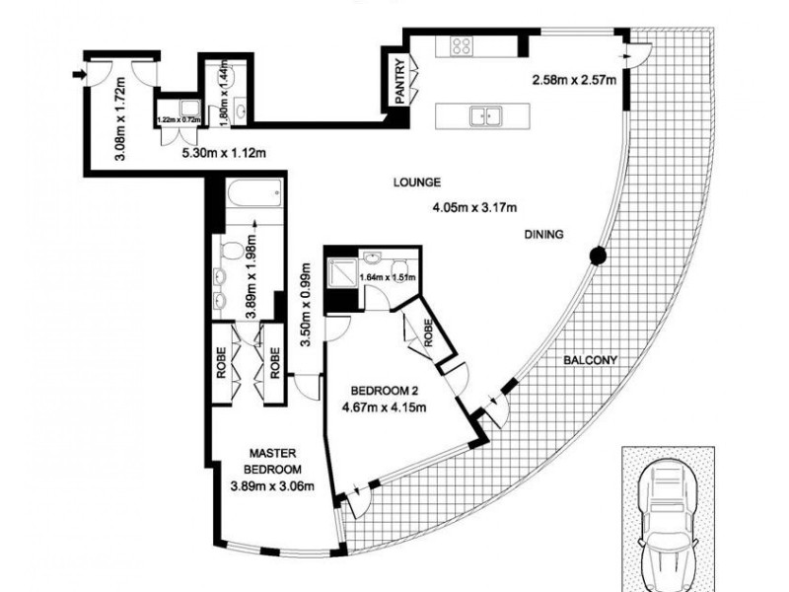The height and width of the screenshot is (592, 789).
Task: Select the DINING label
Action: click(543, 235)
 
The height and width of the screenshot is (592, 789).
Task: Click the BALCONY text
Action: click(590, 360)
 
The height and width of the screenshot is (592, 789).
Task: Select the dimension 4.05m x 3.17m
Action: click(474, 207)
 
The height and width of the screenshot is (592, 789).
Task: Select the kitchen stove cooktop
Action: click(462, 44)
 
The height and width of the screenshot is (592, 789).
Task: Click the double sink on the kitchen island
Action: click(483, 115)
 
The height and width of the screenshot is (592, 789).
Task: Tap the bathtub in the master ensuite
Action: click(250, 195)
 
